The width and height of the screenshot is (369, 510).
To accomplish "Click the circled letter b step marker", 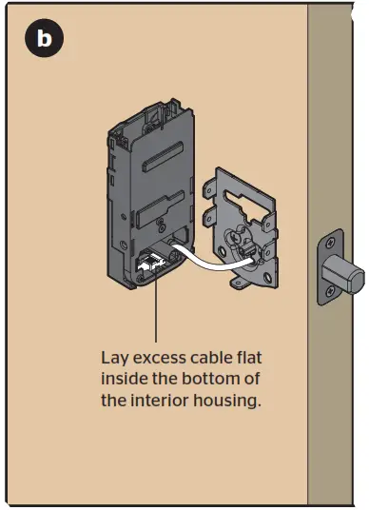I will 44,39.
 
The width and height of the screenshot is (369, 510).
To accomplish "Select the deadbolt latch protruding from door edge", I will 347,274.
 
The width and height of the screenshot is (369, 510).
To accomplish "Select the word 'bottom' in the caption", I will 223,381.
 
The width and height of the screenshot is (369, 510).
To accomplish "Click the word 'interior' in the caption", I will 161,402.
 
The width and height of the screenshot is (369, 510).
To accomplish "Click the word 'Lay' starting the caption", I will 114,360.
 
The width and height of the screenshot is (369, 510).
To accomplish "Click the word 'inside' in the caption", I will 124,381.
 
